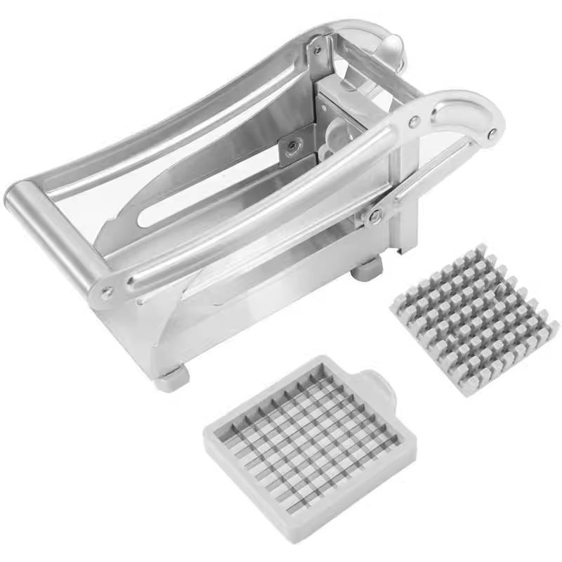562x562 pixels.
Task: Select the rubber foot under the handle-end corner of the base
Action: tap(171, 379)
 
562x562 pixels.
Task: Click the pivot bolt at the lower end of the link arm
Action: tap(376, 215)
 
